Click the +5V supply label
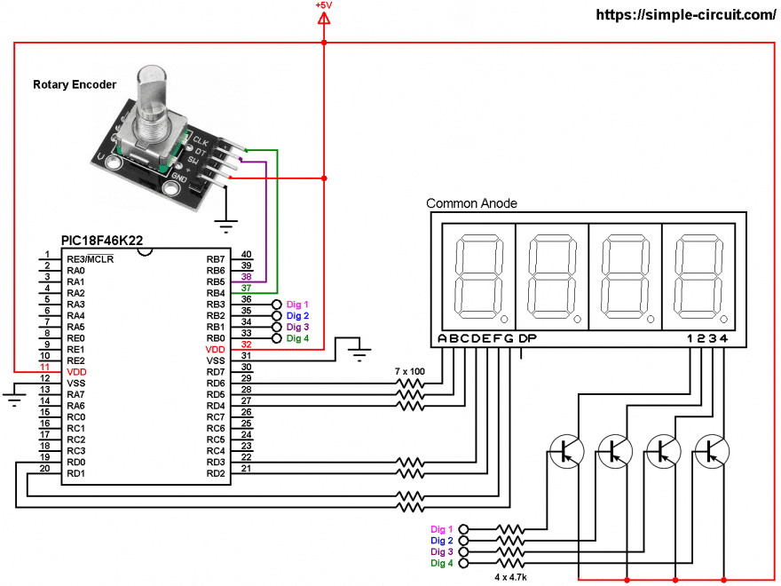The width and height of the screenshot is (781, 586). [x=324, y=5]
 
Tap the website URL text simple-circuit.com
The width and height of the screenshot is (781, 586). [x=685, y=15]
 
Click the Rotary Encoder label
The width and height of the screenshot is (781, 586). [x=75, y=85]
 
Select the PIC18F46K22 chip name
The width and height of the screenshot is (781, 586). [x=101, y=241]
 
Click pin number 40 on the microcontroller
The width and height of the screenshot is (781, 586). [x=246, y=255]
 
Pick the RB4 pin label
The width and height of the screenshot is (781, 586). [x=215, y=293]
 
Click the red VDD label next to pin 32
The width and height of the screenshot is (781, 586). [x=216, y=350]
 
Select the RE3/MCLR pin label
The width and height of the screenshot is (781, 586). [x=91, y=259]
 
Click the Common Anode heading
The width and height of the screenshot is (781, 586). [x=471, y=203]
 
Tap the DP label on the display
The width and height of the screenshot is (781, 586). [x=527, y=339]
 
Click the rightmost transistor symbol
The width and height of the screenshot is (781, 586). [x=711, y=451]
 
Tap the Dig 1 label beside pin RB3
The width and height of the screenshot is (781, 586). [x=297, y=305]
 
